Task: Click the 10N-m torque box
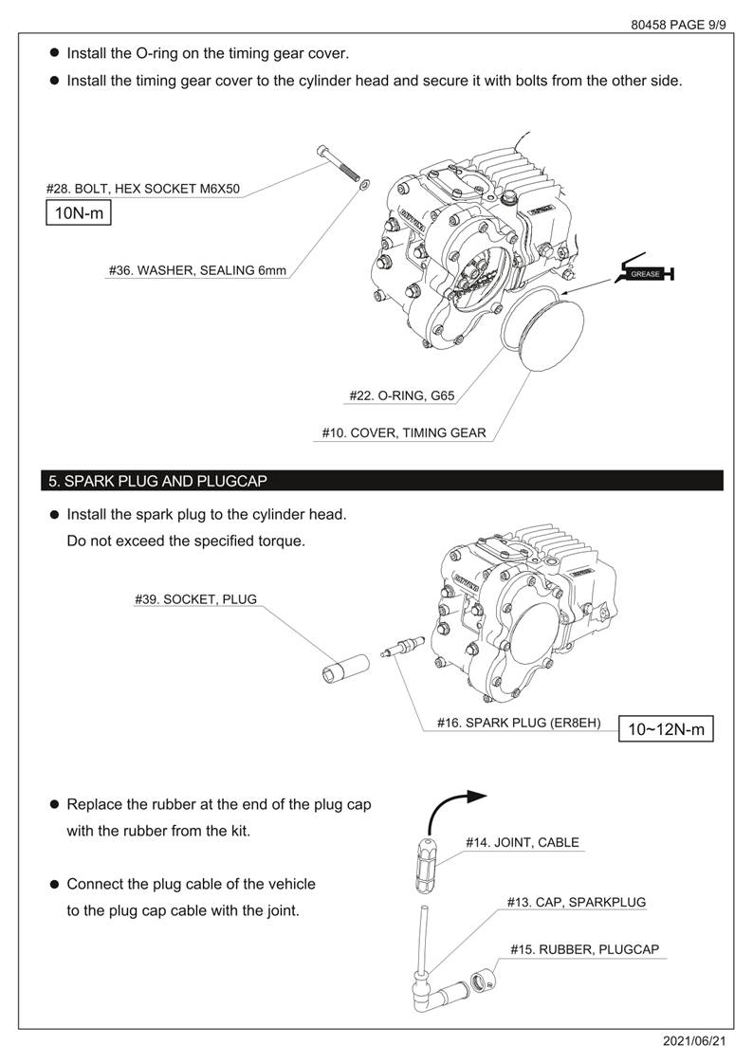79,213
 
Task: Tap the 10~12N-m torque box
666,729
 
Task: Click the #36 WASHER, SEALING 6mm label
197,270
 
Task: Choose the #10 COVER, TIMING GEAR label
404,432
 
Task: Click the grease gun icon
645,273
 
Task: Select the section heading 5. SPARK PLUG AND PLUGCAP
158,481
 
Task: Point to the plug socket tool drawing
338,670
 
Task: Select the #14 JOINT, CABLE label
522,842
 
